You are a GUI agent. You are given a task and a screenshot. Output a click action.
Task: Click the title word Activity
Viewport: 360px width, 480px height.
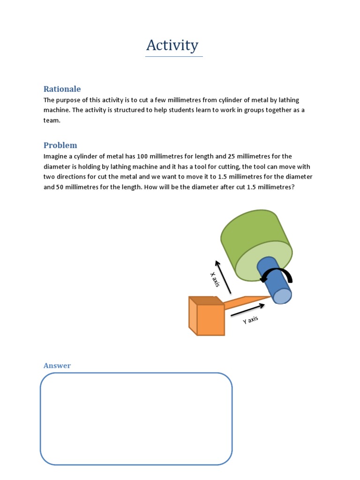tap(172, 45)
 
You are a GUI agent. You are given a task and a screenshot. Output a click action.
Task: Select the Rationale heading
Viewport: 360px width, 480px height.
tap(62, 89)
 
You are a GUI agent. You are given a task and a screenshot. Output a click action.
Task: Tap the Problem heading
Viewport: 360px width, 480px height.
tap(60, 145)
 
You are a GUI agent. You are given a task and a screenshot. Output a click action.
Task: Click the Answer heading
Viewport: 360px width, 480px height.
tap(57, 366)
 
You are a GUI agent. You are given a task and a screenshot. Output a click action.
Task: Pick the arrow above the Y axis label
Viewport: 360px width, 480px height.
tap(247, 309)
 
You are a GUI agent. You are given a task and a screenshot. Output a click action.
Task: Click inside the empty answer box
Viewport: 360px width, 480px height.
tap(136, 419)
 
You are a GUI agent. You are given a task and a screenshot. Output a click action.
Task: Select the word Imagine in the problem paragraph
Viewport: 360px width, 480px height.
tap(56, 157)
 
